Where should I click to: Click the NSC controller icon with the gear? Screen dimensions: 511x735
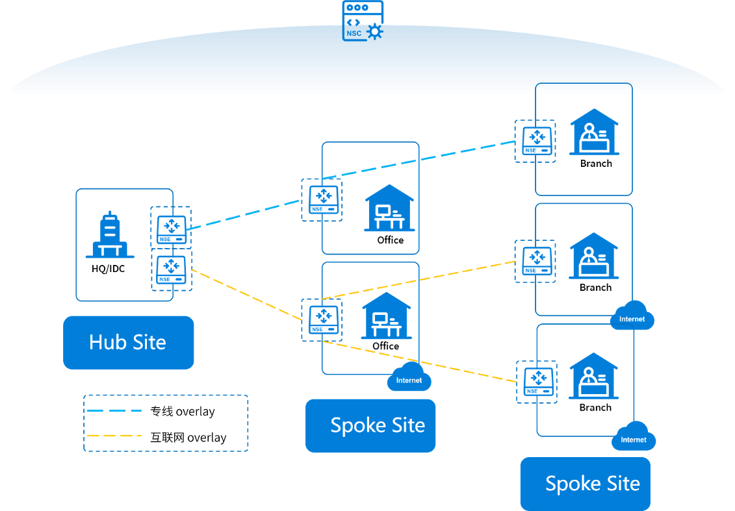pyautogui.click(x=363, y=21)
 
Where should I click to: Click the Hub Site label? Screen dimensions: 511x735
pyautogui.click(x=129, y=342)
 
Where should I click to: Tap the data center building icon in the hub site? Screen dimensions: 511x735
pyautogui.click(x=110, y=235)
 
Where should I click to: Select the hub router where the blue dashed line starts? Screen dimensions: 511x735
pyautogui.click(x=172, y=229)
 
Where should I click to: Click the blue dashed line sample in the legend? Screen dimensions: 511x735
pyautogui.click(x=114, y=410)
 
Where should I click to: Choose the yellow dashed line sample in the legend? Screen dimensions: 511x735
pyautogui.click(x=114, y=436)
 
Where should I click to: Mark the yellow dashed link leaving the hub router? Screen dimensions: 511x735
pyautogui.click(x=247, y=298)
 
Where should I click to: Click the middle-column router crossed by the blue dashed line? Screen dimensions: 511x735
pyautogui.click(x=322, y=199)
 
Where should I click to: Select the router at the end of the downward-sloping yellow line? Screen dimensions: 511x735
pyautogui.click(x=537, y=381)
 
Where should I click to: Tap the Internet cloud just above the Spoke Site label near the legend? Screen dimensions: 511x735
pyautogui.click(x=409, y=379)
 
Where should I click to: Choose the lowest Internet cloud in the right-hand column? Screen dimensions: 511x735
pyautogui.click(x=633, y=438)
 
